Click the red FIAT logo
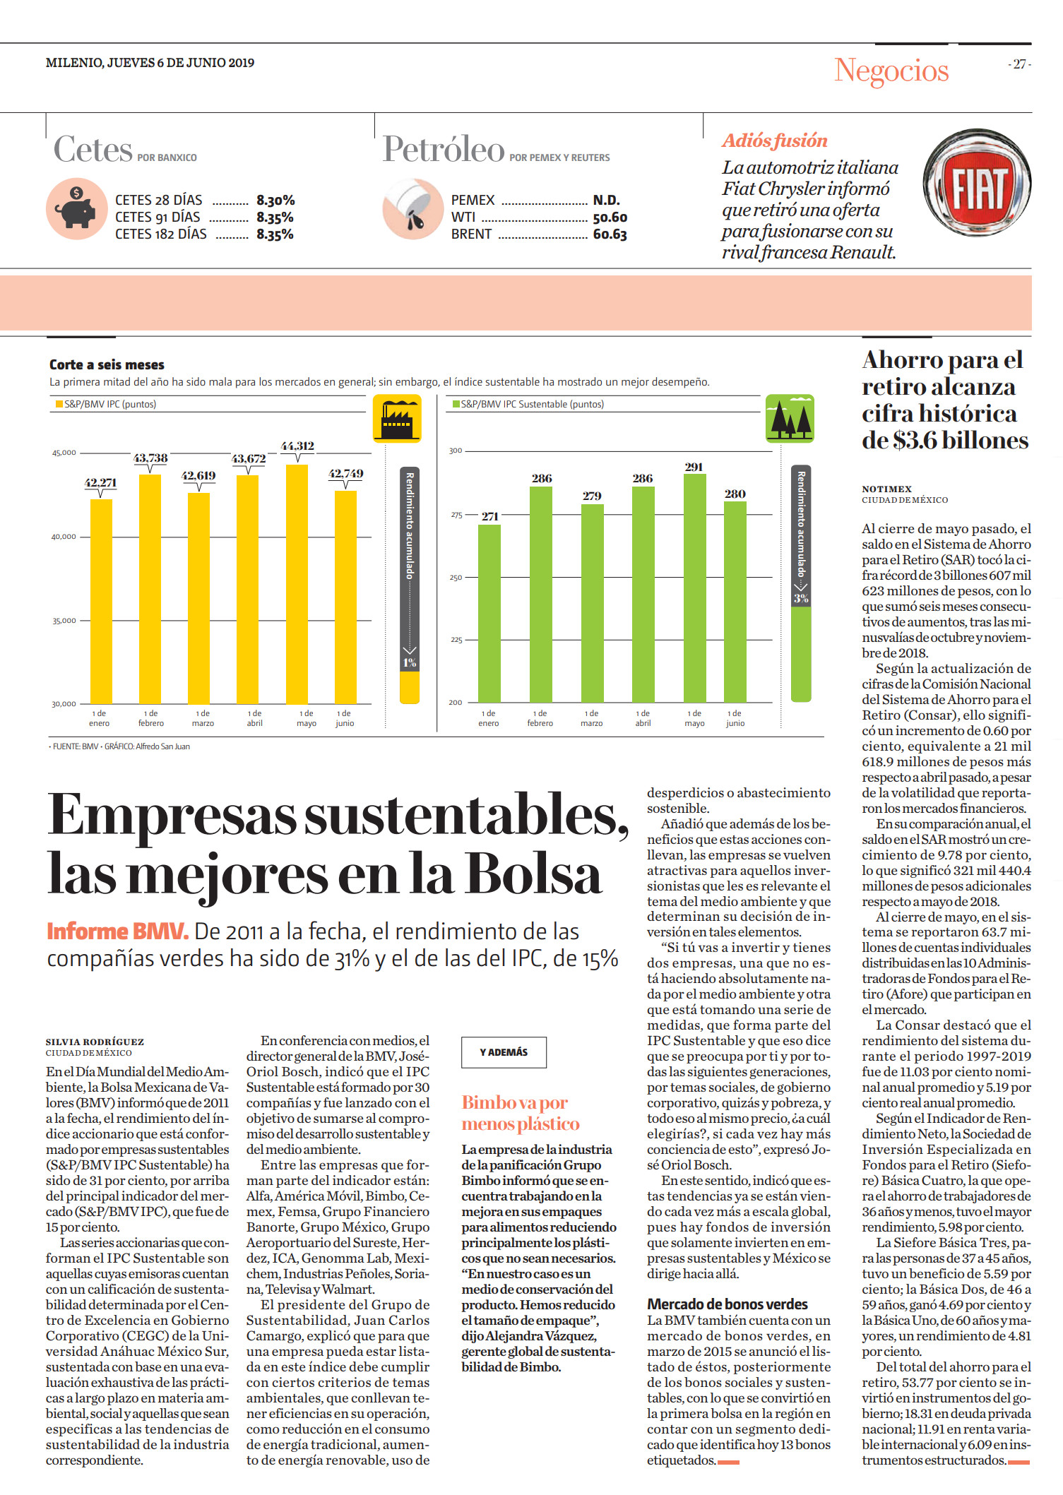coord(977,183)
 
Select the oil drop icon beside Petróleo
coord(412,209)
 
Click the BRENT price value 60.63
coord(610,234)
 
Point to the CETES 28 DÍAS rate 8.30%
coord(275,201)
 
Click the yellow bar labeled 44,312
coord(297,584)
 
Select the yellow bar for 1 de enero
coord(101,602)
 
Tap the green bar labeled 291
coord(695,588)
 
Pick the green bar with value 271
coord(489,614)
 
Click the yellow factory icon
coord(397,419)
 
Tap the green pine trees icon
coord(790,419)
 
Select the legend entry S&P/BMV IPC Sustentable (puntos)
coord(528,404)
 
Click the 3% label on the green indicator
coord(801,598)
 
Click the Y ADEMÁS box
coord(504,1052)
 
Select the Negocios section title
coord(891,70)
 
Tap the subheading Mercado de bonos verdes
coord(728,1304)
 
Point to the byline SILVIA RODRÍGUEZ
coord(95,1042)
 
